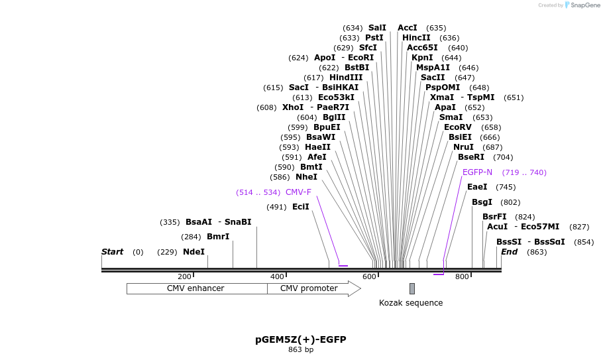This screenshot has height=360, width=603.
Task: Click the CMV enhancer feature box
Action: pos(197,288)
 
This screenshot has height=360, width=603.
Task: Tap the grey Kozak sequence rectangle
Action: pos(411,288)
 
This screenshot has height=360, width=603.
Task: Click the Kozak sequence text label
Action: pos(411,303)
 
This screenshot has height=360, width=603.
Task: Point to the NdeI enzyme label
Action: pos(193,252)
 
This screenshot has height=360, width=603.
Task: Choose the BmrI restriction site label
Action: pos(218,237)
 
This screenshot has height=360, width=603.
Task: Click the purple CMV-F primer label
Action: pos(298,192)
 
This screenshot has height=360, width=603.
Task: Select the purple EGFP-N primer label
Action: pos(477,172)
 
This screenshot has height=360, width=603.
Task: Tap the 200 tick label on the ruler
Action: pos(184,276)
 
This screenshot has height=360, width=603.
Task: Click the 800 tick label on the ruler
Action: pos(462,276)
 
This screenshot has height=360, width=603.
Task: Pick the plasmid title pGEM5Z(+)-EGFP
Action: pos(301,339)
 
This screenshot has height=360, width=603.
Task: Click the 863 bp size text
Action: pos(301,349)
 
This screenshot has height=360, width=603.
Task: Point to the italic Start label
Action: pos(112,252)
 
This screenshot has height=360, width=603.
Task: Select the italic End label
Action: pos(509,252)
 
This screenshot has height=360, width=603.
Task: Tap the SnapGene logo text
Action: pos(585,5)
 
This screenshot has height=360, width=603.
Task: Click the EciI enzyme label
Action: pos(301,207)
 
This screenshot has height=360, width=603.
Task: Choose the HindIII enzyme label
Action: pos(346,78)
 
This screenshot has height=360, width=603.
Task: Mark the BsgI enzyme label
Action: pos(482,202)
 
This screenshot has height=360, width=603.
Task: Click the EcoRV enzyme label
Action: pos(458,127)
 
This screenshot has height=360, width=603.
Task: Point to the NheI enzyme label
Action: pos(306,177)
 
